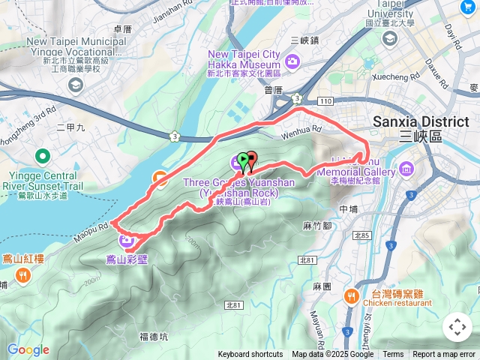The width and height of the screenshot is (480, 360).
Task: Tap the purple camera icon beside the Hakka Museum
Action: tap(292, 60)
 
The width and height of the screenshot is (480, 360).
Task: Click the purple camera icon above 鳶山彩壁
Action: tap(126, 240)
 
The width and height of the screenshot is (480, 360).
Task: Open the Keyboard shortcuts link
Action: tap(250, 355)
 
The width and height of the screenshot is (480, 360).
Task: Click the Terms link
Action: tap(393, 355)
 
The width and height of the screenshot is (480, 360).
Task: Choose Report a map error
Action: tap(444, 355)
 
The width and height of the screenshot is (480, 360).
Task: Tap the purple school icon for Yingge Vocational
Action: tap(75, 85)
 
